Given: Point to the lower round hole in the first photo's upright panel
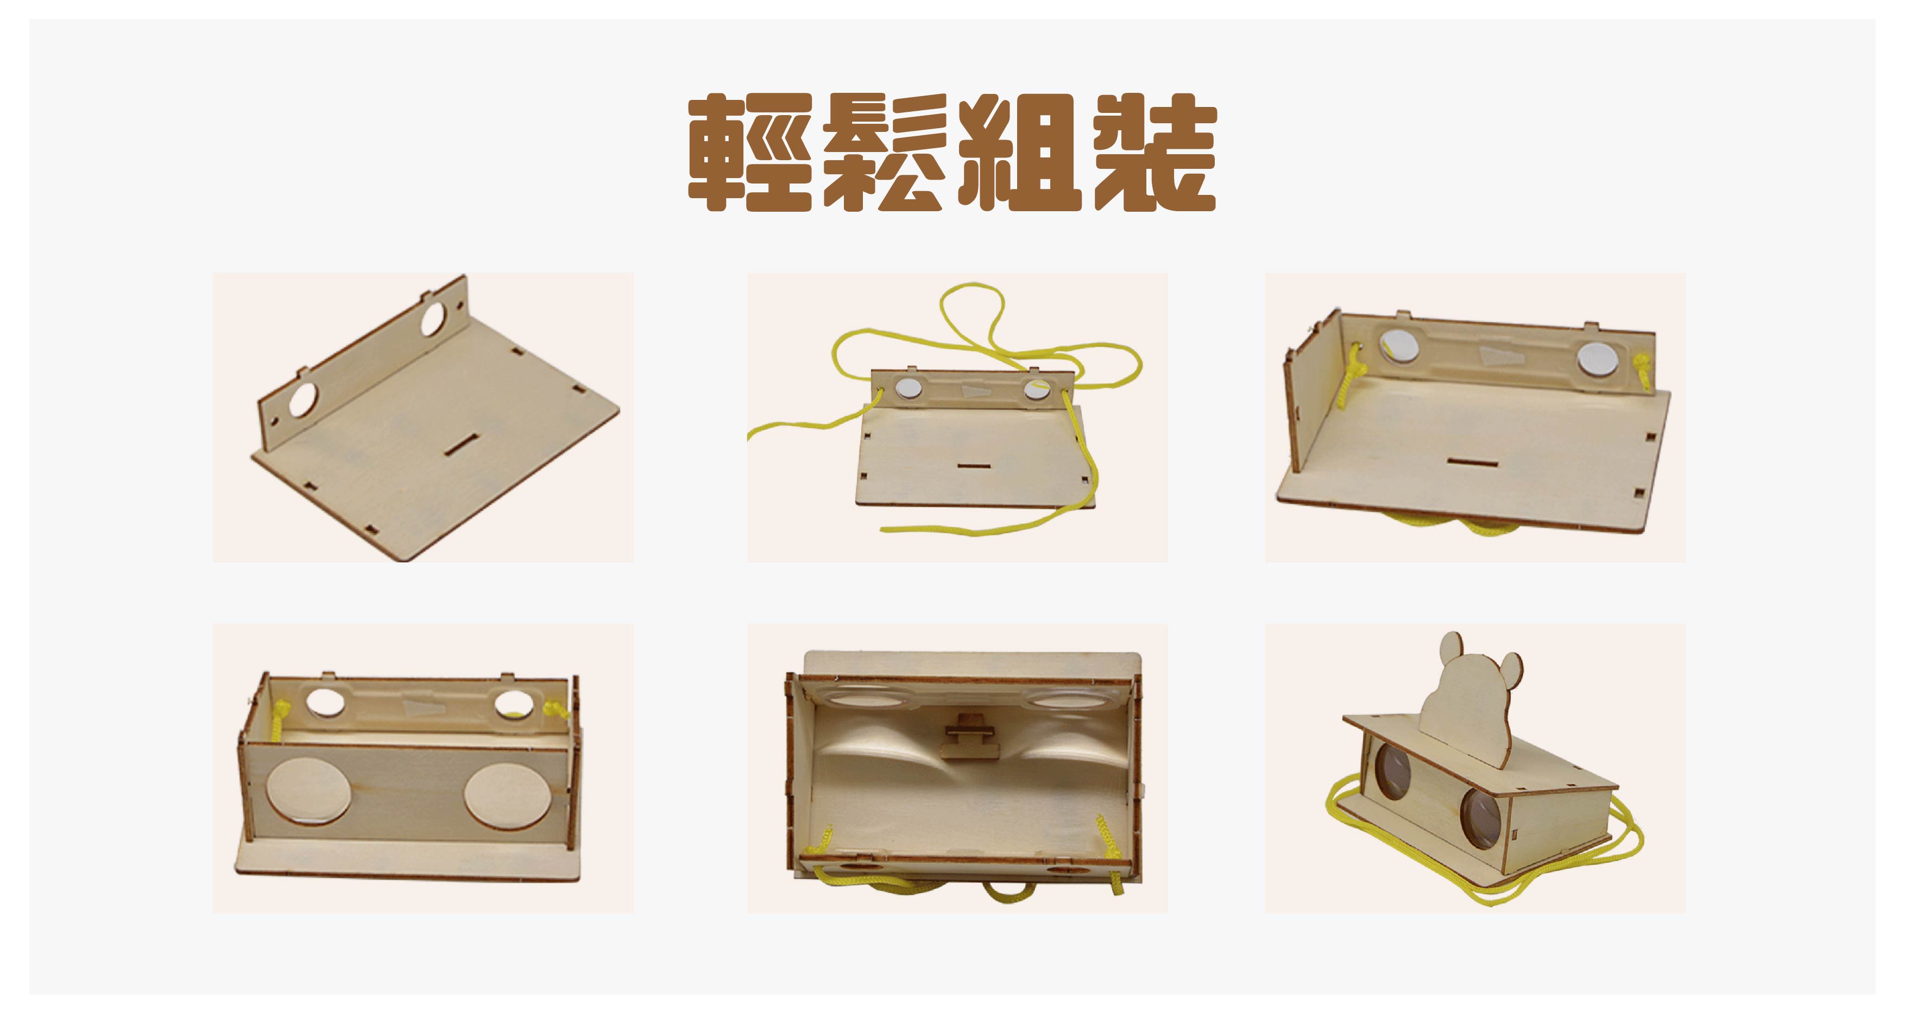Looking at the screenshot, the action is pos(302,399).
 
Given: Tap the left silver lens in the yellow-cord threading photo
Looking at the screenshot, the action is pos(907,388).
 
